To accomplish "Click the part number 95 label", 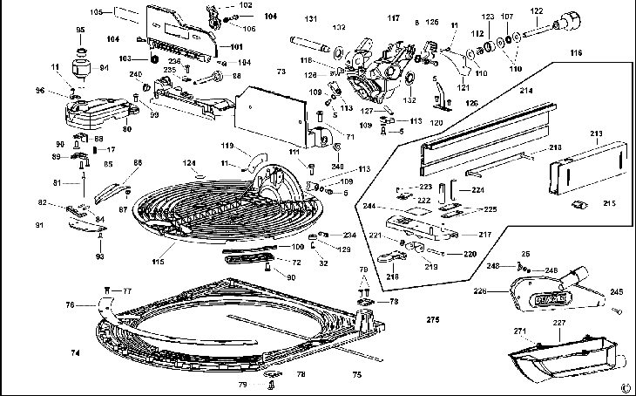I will [x=80, y=31].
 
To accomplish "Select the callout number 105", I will [x=97, y=11].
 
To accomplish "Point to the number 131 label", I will [x=310, y=18].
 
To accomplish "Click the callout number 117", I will [x=394, y=17].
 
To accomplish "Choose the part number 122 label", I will [x=537, y=10].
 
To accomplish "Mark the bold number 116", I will [x=600, y=53].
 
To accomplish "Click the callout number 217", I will [x=484, y=234].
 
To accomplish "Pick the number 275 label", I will [x=433, y=321].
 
